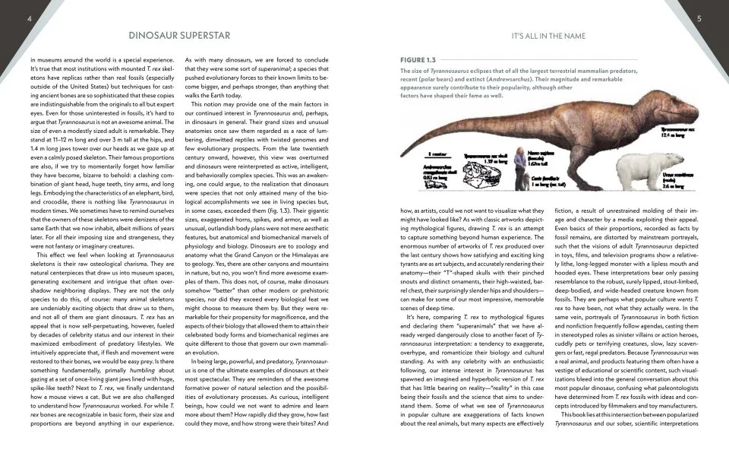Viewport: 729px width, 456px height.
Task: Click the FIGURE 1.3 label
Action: (418, 59)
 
